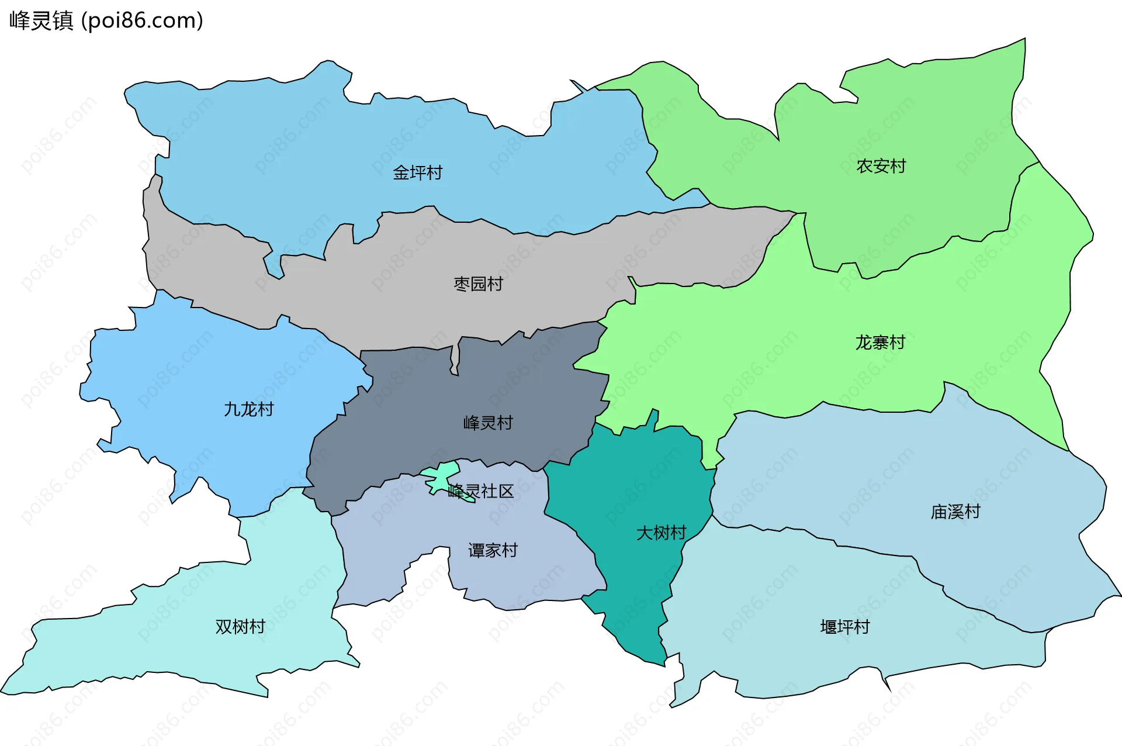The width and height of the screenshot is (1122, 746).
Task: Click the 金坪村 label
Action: click(417, 173)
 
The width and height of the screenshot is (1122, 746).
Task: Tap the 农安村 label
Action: click(881, 167)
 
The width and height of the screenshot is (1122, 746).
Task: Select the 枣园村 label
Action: click(478, 284)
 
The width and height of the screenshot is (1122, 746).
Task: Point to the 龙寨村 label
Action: click(880, 343)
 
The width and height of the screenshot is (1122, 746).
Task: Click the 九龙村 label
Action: click(248, 409)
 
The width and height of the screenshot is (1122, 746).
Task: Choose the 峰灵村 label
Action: click(488, 423)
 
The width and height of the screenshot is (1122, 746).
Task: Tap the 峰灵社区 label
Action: click(480, 491)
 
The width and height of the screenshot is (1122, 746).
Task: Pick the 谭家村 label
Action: click(493, 551)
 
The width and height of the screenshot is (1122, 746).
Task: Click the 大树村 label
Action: click(661, 533)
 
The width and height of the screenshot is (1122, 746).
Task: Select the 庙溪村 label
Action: click(955, 512)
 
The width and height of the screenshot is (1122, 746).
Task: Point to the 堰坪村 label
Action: click(845, 627)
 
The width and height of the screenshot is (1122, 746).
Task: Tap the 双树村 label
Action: click(240, 627)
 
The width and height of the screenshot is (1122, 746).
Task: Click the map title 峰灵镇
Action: click(41, 21)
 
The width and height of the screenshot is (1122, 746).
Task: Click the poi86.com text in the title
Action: click(143, 21)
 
